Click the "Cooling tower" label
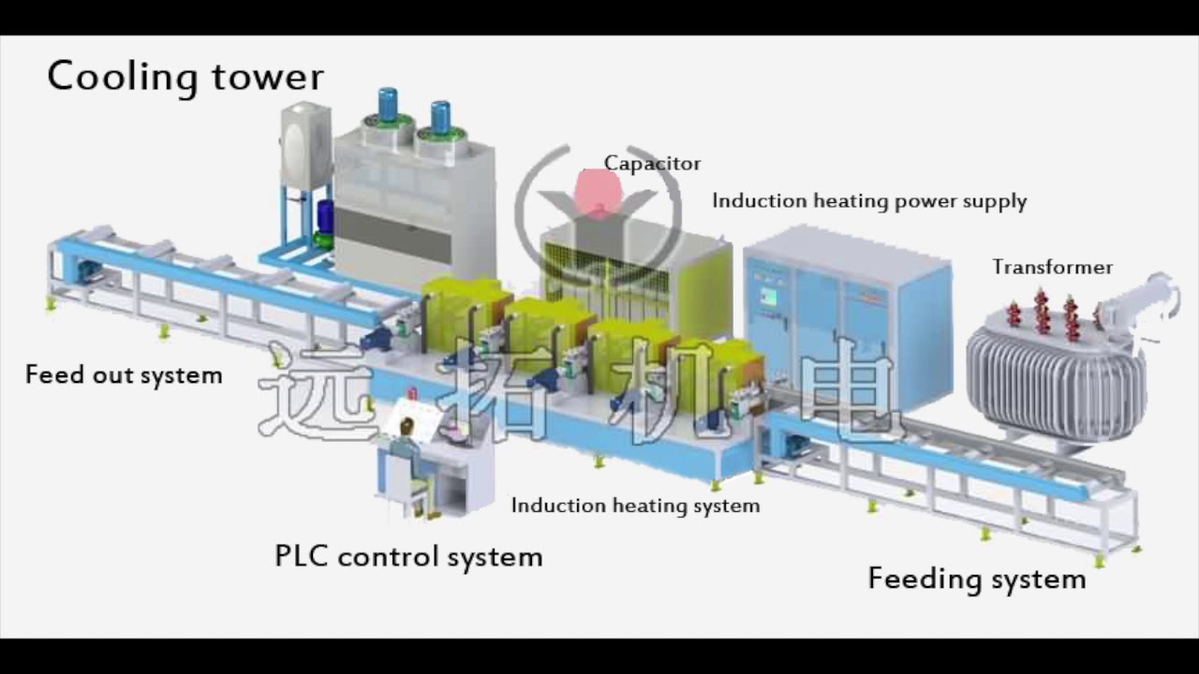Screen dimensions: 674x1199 point(185,77)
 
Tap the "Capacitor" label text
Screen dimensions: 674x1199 point(652,164)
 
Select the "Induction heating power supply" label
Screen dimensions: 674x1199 point(869,201)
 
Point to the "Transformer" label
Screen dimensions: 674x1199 point(1053,268)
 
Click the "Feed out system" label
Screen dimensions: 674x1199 point(124,375)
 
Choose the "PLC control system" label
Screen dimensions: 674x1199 point(408,557)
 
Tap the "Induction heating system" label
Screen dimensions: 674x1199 point(635,505)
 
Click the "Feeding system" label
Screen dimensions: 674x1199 point(977,579)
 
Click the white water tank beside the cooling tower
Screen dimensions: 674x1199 point(306,146)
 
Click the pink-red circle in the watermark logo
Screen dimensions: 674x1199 point(598,193)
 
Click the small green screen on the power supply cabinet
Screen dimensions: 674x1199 point(769,297)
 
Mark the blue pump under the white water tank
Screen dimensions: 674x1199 point(325,217)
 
